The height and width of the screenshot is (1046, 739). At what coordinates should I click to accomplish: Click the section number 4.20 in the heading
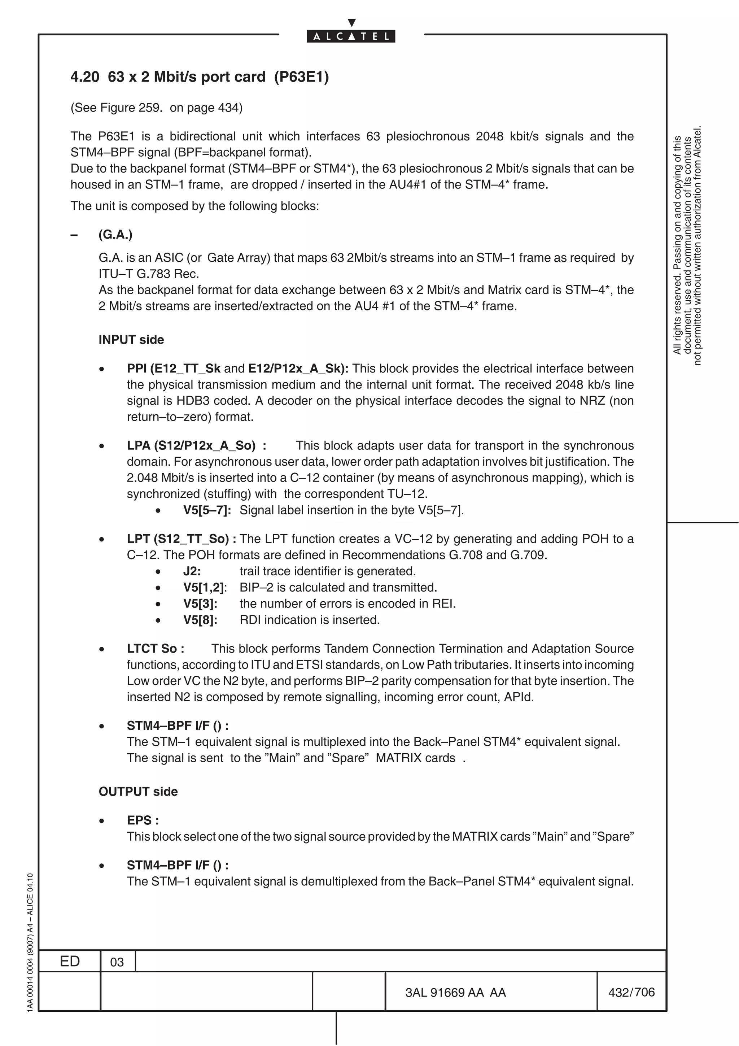click(x=85, y=77)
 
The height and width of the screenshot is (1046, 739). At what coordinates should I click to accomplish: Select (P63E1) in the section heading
click(x=301, y=77)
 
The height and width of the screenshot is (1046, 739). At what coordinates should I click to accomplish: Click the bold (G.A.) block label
click(x=115, y=235)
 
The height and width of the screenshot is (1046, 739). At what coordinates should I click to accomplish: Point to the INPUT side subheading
click(x=131, y=340)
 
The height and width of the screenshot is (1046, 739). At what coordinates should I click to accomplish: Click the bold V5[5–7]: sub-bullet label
click(x=207, y=510)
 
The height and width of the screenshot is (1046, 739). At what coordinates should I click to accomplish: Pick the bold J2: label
click(x=192, y=571)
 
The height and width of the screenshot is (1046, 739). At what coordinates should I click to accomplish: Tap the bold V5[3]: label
click(x=200, y=603)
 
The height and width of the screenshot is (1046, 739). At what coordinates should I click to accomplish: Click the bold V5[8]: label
click(x=200, y=620)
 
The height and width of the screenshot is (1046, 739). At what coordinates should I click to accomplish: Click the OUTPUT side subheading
click(x=138, y=792)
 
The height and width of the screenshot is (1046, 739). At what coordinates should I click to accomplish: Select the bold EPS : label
click(x=143, y=820)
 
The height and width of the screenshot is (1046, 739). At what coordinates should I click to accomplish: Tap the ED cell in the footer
click(x=70, y=961)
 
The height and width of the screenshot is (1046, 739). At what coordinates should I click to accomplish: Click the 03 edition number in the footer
click(x=117, y=962)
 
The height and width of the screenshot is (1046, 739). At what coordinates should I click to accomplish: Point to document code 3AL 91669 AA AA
click(x=455, y=993)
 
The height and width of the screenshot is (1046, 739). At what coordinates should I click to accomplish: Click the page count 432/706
click(x=631, y=992)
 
